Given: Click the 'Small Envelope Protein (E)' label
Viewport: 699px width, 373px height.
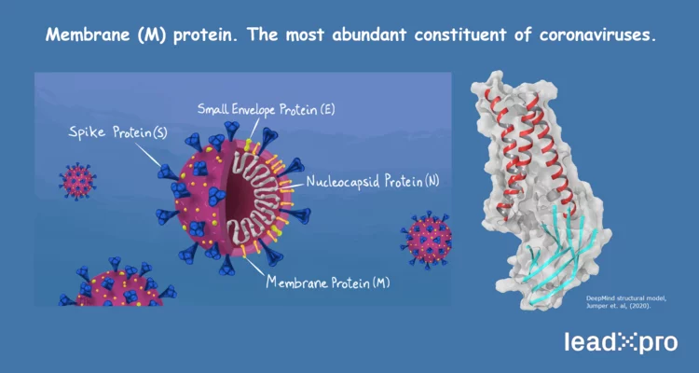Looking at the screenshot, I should (x=266, y=109).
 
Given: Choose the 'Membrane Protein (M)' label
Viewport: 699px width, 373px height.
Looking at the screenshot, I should (x=327, y=282).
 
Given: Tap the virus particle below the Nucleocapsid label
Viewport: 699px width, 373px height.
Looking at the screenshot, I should (x=426, y=238).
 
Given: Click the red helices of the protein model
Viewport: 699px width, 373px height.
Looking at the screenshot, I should (x=531, y=140).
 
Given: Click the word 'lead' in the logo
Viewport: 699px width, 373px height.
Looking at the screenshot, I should (x=589, y=343).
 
